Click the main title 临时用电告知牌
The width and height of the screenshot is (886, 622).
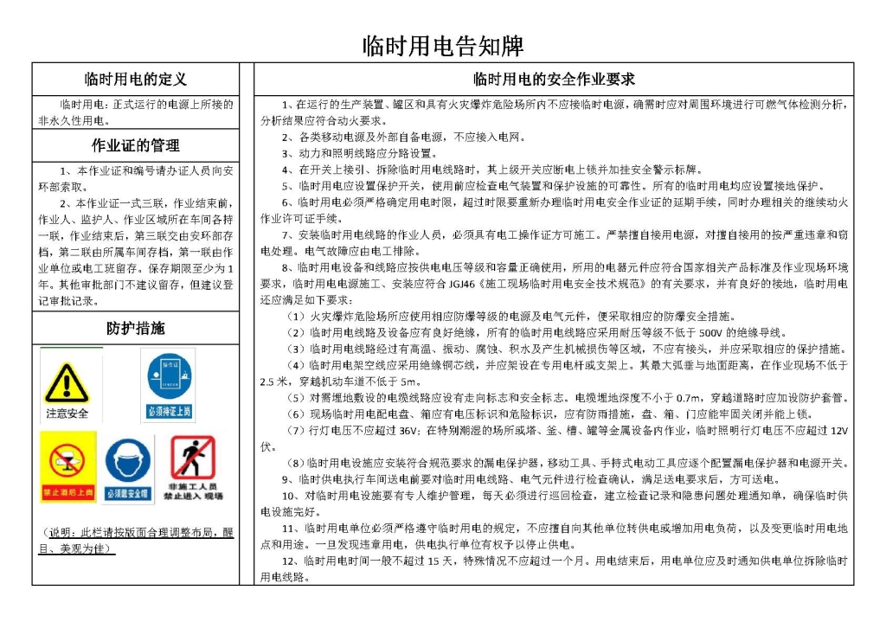442,44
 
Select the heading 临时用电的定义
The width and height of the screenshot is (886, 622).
135,80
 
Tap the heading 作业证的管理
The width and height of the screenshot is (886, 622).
135,144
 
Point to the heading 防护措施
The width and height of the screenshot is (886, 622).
135,329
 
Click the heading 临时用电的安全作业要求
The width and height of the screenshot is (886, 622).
554,80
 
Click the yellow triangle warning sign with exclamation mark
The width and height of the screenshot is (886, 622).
67,382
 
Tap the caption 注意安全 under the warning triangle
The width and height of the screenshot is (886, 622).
67,414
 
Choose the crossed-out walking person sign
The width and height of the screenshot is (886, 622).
193,456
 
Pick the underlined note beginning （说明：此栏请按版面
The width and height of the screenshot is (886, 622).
135,541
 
